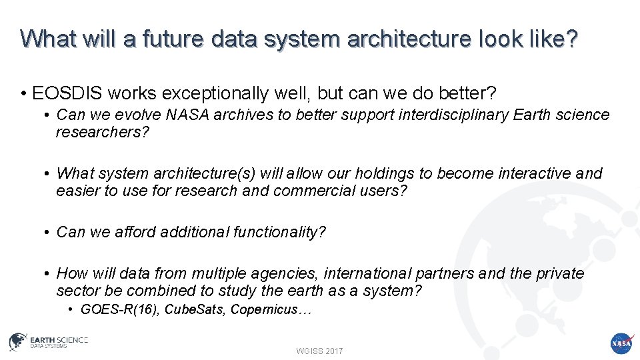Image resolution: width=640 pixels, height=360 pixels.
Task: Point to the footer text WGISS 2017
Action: point(319,351)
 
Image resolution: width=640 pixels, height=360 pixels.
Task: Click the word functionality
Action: point(279,232)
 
